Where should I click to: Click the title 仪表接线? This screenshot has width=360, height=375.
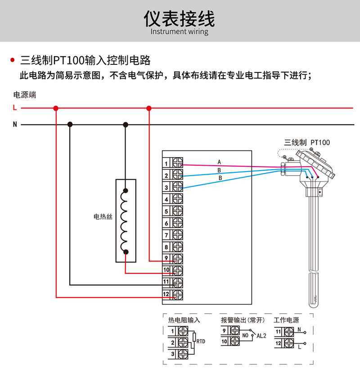coord(179,18)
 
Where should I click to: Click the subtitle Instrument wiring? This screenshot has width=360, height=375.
coord(179,32)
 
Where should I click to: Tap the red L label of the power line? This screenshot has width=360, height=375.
coord(15,108)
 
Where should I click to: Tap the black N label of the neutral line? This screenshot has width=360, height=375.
coord(15,124)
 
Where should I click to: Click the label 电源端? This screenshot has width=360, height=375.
coord(25,95)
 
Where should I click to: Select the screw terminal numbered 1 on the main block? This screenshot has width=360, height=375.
coord(178,163)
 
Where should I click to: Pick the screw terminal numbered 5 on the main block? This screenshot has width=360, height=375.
coord(178,211)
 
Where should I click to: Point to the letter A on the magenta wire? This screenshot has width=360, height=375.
coord(219,162)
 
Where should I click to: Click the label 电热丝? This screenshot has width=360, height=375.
coord(103,217)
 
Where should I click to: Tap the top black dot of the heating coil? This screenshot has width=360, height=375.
coord(126,190)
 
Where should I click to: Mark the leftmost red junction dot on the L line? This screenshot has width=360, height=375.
coord(56,108)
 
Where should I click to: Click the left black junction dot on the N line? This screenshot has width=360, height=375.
coord(70,124)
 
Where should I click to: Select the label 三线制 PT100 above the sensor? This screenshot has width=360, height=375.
coord(307,143)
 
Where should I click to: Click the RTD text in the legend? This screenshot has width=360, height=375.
coord(201,341)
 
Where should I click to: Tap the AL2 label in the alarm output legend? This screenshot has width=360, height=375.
coord(261,336)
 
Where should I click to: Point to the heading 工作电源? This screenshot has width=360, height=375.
coord(286,320)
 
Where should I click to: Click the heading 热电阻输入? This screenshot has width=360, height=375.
coord(184,320)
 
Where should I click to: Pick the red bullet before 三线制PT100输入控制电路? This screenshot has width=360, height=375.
coord(13,60)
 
